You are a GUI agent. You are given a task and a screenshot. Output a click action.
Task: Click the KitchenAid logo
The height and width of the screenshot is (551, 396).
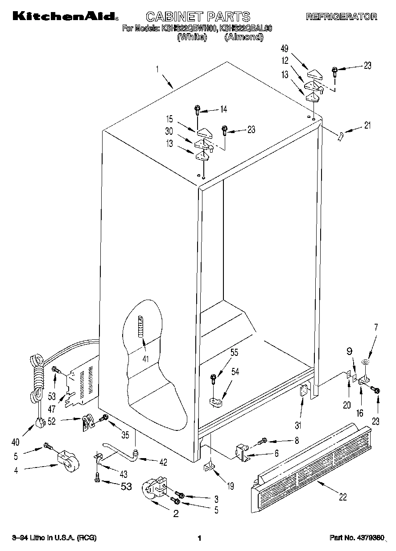click(x=64, y=17)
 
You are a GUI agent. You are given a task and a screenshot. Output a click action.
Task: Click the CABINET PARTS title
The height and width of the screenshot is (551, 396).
click(x=198, y=17)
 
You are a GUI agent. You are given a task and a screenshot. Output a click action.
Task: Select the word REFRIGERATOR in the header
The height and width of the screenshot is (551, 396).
click(x=342, y=17)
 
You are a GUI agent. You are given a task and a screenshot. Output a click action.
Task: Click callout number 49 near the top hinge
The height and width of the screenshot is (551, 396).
click(x=285, y=49)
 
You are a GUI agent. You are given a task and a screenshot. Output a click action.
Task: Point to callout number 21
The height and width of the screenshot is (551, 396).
click(x=367, y=125)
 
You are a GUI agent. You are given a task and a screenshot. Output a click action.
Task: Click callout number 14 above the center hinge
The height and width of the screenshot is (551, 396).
click(x=223, y=109)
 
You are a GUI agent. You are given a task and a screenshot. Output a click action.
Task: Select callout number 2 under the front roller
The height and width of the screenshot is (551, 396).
click(x=176, y=514)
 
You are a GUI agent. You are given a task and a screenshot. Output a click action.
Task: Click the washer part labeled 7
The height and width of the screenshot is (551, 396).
click(x=365, y=363)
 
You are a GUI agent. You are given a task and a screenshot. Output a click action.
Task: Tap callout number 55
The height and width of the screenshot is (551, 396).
click(x=234, y=352)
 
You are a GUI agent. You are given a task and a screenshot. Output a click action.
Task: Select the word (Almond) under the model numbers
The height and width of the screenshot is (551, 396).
click(x=243, y=38)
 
